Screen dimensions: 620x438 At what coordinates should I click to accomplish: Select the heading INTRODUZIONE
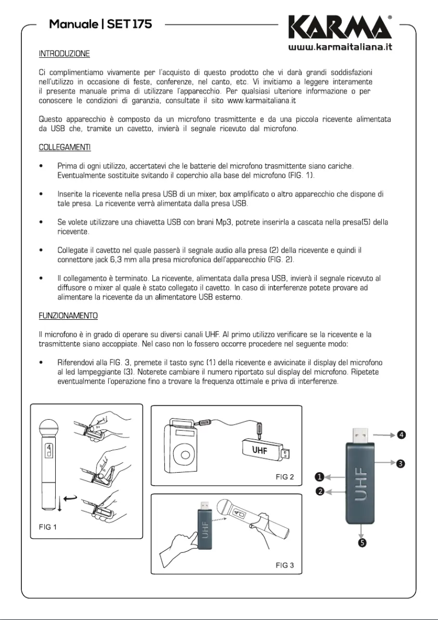(64, 54)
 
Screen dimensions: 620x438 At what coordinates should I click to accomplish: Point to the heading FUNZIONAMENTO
(68, 315)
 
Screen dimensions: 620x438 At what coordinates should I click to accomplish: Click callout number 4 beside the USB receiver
(401, 435)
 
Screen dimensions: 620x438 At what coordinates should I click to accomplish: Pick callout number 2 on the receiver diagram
(321, 491)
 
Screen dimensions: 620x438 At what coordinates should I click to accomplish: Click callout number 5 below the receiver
(362, 542)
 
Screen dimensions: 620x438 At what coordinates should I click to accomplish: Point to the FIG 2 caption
(285, 477)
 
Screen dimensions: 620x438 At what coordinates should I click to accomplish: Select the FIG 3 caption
(285, 565)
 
